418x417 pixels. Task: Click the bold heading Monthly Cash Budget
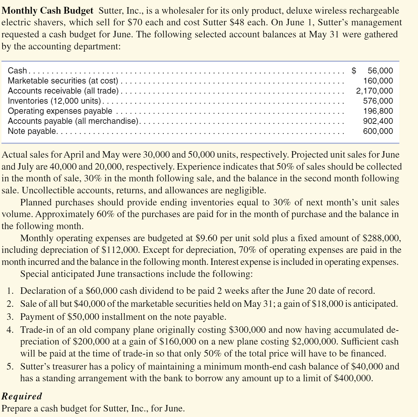pos(47,11)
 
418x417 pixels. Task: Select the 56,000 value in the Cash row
pos(380,71)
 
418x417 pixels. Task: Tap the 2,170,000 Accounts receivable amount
pos(374,91)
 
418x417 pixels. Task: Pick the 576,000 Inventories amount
pos(378,101)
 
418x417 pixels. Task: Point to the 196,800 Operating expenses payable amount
pos(378,111)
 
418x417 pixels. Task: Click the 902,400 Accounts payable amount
pos(378,121)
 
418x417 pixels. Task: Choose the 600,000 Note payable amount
pos(378,131)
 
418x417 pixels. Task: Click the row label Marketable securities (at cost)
pos(63,81)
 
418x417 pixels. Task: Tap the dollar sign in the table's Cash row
pos(354,71)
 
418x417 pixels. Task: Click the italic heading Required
pos(22,396)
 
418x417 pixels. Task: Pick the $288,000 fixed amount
pos(381,238)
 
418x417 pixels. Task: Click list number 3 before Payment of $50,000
pos(10,317)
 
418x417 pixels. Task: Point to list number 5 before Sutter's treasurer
pos(10,367)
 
